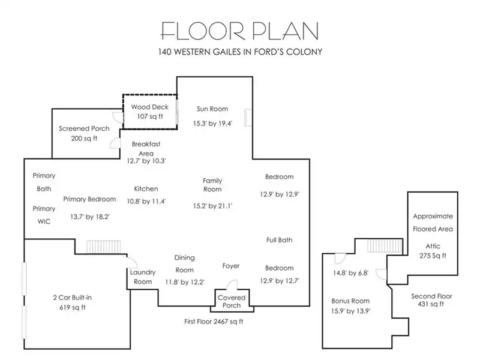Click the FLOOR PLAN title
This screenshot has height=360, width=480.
coord(239,31)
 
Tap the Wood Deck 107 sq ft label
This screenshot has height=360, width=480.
coord(149,112)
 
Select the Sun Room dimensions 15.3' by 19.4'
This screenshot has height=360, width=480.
coord(212,124)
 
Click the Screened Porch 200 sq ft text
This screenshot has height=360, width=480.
coord(84,133)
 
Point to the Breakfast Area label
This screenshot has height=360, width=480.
coord(146,148)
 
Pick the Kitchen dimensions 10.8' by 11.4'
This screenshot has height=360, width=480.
coord(146,201)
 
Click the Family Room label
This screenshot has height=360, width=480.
coord(212,185)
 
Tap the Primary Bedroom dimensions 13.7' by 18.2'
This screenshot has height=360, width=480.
coord(89,217)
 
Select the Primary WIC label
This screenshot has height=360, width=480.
coord(44,215)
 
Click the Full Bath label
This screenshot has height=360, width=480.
coord(279,240)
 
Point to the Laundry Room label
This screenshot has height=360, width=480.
coord(143,277)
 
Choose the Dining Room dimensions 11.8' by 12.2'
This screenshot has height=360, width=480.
coord(185,282)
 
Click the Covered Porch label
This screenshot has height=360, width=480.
coord(232,301)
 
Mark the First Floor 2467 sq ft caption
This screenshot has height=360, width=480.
coord(214,322)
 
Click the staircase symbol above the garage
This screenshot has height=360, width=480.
coord(104,247)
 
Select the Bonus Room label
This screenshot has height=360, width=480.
coord(350,301)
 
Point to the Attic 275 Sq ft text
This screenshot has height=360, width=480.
coord(433,251)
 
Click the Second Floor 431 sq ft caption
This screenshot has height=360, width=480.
coord(431,300)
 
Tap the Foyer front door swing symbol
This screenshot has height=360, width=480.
coord(232,284)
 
